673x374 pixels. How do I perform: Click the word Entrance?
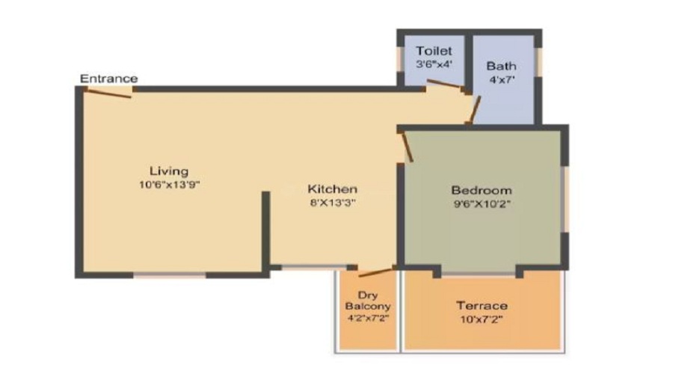click(109, 79)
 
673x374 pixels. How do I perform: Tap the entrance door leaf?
click(108, 93)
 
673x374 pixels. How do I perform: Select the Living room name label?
click(168, 171)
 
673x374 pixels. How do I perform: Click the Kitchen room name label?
click(333, 189)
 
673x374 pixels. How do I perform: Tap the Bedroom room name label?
click(482, 189)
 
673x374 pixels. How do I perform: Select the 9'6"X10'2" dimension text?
click(482, 203)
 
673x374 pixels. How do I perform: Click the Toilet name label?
click(434, 51)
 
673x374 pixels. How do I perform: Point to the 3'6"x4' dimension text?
click(434, 64)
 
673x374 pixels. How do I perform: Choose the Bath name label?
click(501, 66)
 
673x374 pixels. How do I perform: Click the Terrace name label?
click(482, 305)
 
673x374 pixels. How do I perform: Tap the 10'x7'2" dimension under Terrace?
click(482, 319)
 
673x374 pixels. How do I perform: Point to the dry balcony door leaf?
click(376, 272)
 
